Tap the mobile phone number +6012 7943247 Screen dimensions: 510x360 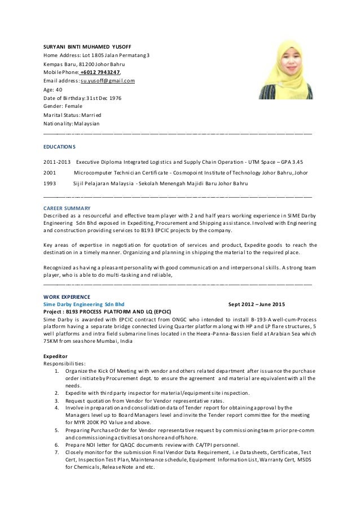point(100,72)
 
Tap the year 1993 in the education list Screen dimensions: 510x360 point(50,184)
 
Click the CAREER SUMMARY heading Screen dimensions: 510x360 point(67,208)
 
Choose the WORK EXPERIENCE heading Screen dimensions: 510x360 point(67,296)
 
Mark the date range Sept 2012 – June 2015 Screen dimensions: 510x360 point(257,303)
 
